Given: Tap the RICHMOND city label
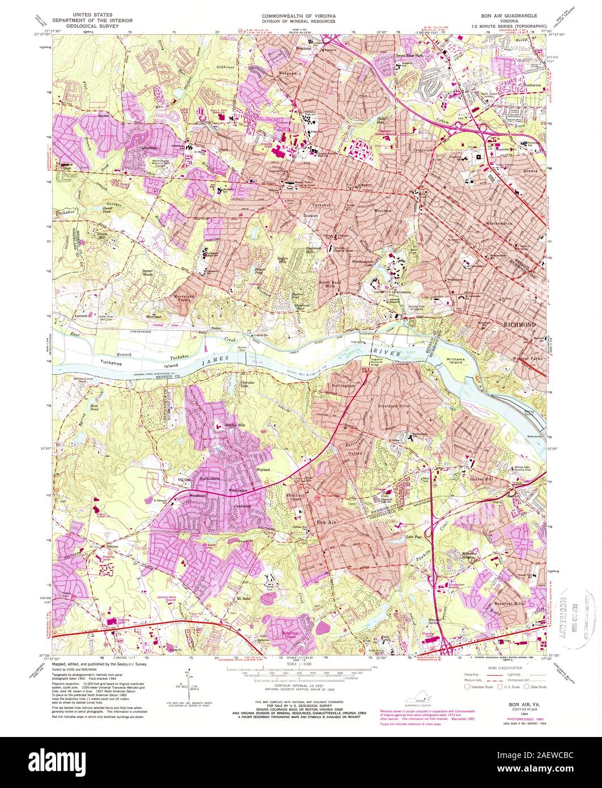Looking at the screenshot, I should coord(519,324).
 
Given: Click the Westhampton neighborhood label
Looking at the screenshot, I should coord(498,223).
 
